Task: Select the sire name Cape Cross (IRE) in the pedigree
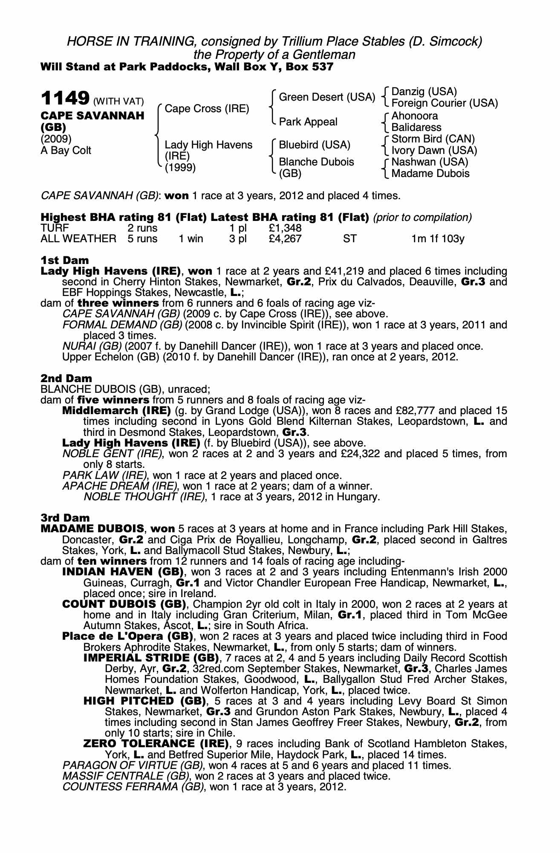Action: [207, 109]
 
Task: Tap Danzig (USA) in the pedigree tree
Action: [424, 92]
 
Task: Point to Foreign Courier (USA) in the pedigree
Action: [445, 103]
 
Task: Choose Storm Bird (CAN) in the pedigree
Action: [433, 139]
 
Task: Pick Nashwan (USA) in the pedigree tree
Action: [430, 162]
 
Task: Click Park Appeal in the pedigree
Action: [308, 122]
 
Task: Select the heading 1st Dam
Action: [65, 260]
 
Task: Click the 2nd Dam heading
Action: [66, 378]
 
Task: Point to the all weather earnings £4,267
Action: [285, 239]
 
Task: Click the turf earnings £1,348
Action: [285, 228]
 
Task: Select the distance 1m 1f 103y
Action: [437, 239]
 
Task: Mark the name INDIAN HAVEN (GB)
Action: [123, 572]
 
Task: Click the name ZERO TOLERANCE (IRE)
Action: [156, 744]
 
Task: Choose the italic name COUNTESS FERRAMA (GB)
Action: [133, 786]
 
